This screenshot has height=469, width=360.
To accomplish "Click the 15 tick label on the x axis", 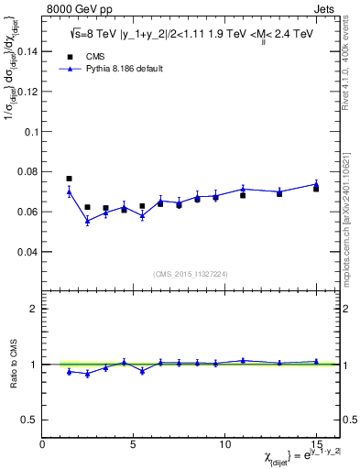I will click(315, 444).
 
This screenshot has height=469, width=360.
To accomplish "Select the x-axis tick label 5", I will click(134, 444).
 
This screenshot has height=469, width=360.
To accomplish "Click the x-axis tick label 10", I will click(224, 444).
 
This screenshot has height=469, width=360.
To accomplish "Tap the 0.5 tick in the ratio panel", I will click(29, 420).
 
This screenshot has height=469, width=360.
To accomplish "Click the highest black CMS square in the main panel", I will click(69, 179).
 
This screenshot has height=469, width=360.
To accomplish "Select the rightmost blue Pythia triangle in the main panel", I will click(316, 183).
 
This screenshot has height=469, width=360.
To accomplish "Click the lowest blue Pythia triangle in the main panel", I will click(87, 221).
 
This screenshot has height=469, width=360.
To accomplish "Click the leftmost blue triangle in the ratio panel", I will click(69, 371).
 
